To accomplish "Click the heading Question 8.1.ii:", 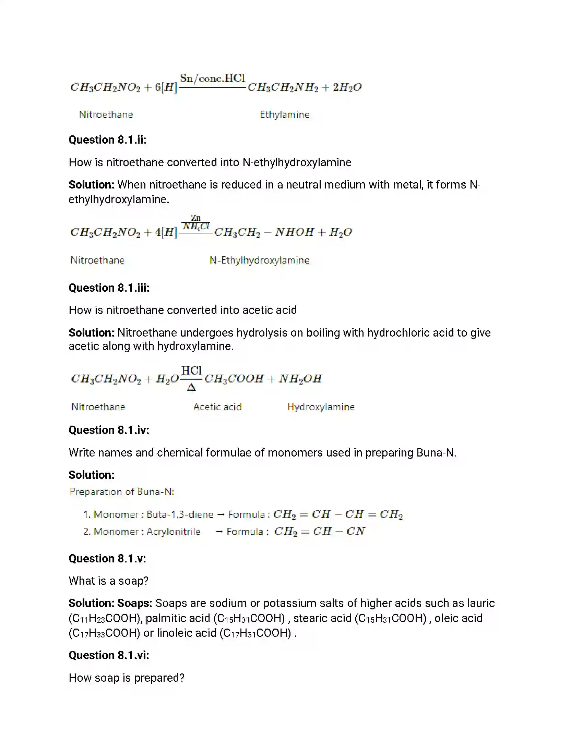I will pos(107,140).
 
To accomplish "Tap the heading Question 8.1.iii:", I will pos(109,288).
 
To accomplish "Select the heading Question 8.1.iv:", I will pos(109,430).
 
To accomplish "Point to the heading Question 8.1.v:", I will pos(107,559).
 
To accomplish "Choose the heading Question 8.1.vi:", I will pos(109,655).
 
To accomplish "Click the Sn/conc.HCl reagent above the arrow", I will pos(212,79).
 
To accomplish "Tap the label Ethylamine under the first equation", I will pos(285,114).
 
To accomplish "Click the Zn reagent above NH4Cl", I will pos(196,218).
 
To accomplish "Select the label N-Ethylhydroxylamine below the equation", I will pos(259,260).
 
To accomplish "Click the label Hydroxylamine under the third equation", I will pos(321,407).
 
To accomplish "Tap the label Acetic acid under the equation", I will pos(217,407).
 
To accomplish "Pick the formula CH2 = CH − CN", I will pos(320,532).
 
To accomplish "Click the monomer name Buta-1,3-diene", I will pos(180,515).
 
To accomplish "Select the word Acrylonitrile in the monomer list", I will pos(174,532).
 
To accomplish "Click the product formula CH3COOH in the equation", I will pos(234,379).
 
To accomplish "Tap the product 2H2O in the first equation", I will pos(347,87).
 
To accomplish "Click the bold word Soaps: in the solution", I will pos(135,603).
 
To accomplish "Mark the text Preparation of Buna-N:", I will pos(122,491).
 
